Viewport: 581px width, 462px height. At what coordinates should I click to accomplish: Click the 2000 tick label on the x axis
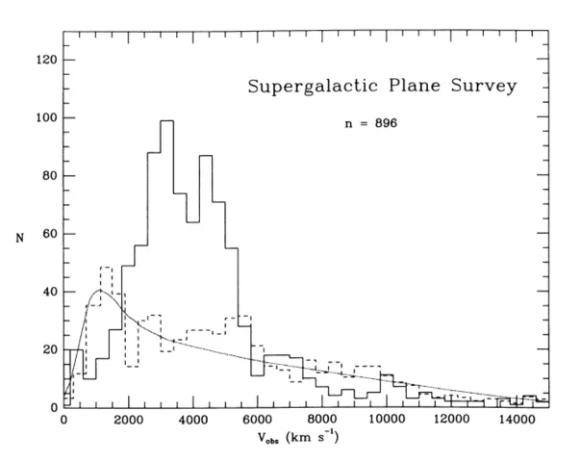[128, 421]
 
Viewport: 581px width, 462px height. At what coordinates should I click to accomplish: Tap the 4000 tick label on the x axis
[192, 421]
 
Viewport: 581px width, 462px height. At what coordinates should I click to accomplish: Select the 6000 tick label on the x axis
[257, 421]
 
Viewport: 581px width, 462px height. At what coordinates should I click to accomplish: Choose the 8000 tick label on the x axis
[322, 421]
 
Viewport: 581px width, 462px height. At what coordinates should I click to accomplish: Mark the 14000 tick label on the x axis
[517, 421]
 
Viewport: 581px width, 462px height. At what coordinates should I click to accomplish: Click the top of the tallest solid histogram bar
[166, 121]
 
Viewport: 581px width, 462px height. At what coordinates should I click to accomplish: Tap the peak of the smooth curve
[100, 290]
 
